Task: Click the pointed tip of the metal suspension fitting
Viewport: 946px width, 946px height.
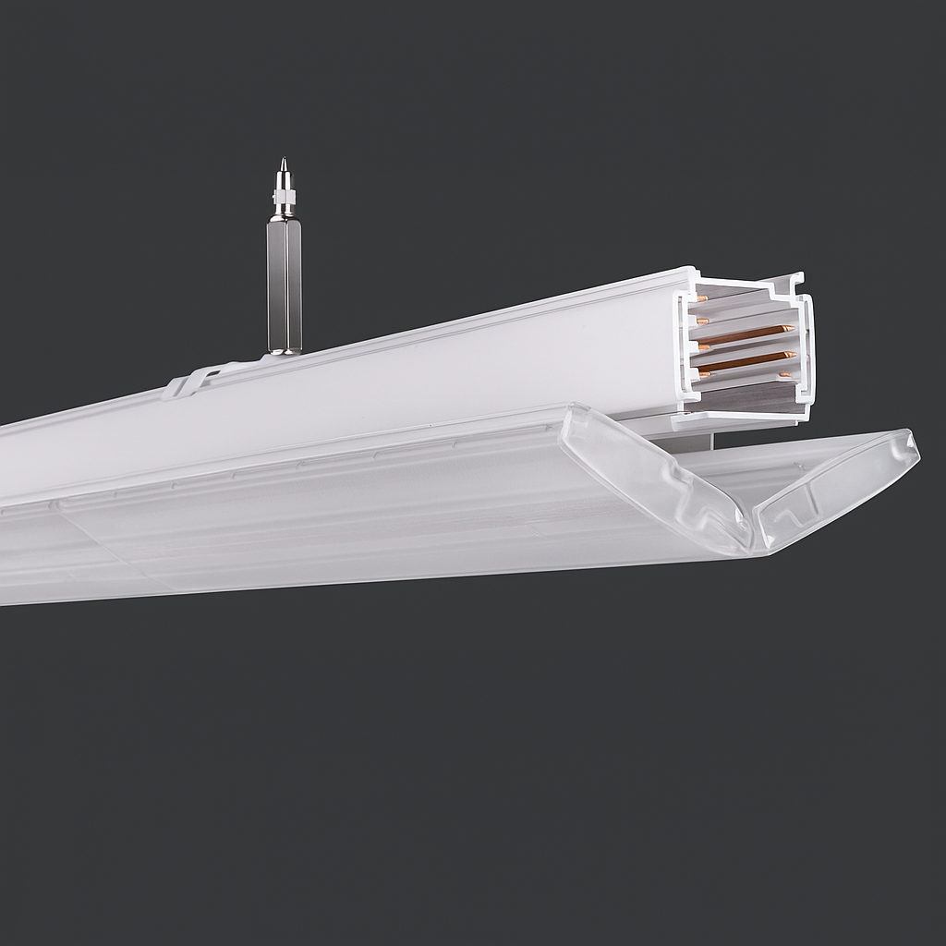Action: pyautogui.click(x=284, y=162)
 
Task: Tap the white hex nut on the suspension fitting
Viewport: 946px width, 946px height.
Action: pyautogui.click(x=284, y=197)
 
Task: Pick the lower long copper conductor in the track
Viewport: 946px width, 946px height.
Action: pyautogui.click(x=745, y=361)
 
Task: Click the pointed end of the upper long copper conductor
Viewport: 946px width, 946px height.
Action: pyautogui.click(x=792, y=328)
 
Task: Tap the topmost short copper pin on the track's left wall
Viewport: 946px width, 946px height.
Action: pyautogui.click(x=703, y=298)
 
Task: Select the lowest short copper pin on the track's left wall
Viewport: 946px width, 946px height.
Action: pyautogui.click(x=704, y=374)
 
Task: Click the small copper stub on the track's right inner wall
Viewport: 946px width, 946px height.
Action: pyautogui.click(x=785, y=374)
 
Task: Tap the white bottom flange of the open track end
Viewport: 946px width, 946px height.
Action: pyautogui.click(x=730, y=420)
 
